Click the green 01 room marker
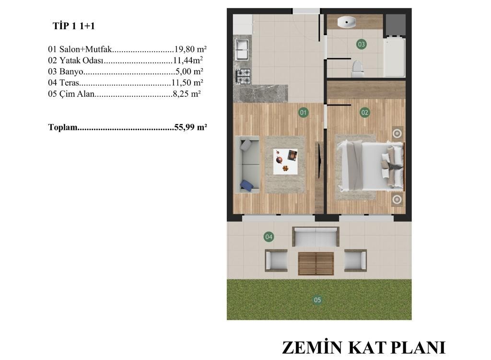[x=303, y=112]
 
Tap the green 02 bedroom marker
[x=364, y=112]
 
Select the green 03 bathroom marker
[x=362, y=44]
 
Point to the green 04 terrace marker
[x=269, y=237]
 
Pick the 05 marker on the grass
[x=317, y=300]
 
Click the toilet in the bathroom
[x=358, y=69]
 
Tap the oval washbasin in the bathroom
[x=347, y=22]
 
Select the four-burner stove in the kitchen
[x=243, y=76]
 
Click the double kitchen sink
[x=242, y=49]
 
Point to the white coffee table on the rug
[x=285, y=162]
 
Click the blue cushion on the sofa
[x=247, y=185]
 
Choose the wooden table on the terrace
[x=316, y=264]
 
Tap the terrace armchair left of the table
[x=276, y=260]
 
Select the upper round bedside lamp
[x=397, y=134]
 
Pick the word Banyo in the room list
[x=71, y=72]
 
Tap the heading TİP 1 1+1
[x=73, y=26]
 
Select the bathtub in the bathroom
[x=395, y=57]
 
